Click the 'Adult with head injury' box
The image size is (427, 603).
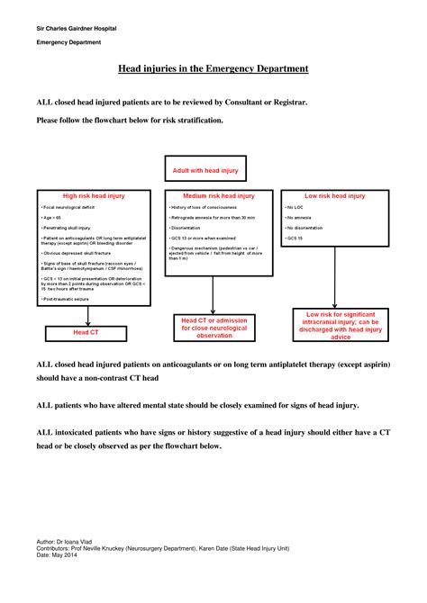coord(213,171)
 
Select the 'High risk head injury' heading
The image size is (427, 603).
coord(86,195)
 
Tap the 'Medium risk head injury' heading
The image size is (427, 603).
coord(219,195)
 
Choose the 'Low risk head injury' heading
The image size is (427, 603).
coord(334,195)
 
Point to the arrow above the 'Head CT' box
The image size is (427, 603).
coord(87,315)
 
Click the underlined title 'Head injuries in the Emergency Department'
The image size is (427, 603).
coord(213,68)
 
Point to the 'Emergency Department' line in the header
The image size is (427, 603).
coord(68,42)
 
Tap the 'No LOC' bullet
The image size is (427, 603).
coord(295,207)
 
